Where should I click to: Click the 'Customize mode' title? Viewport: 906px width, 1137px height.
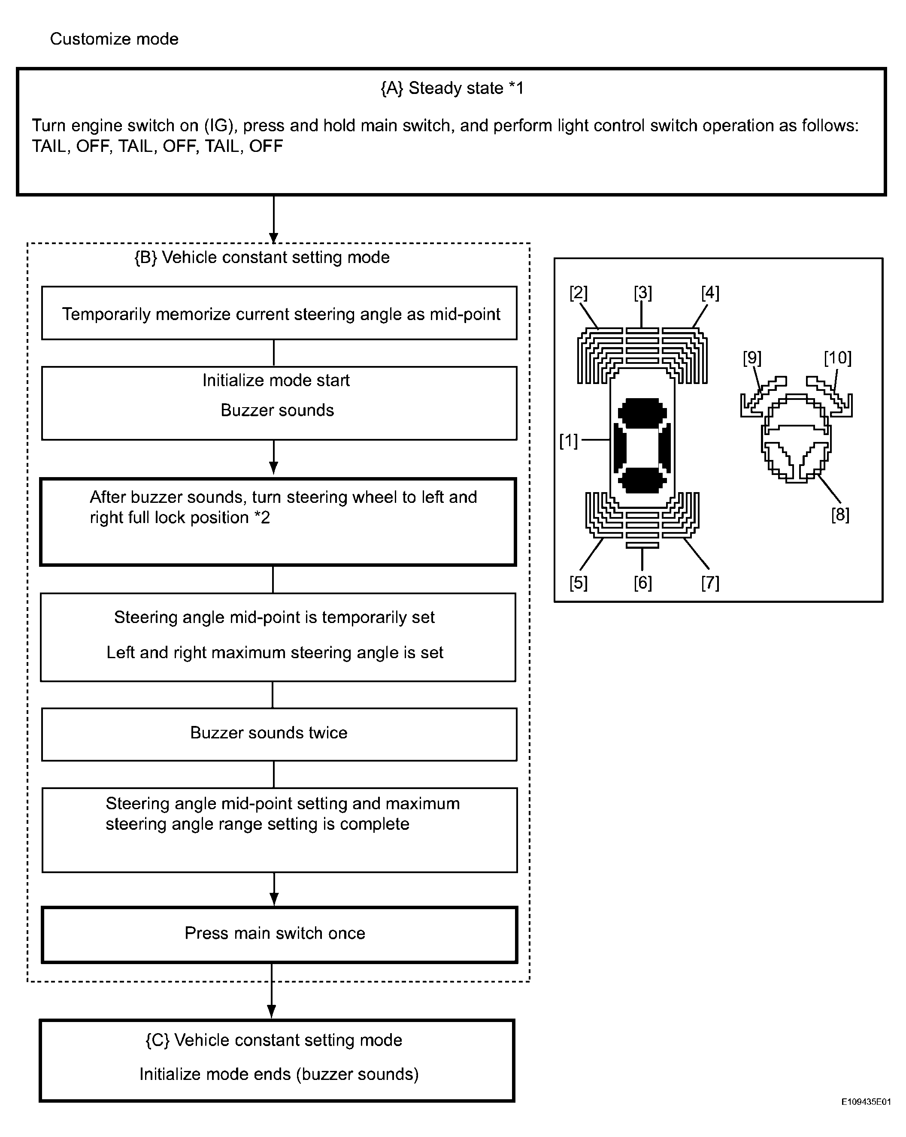(x=114, y=39)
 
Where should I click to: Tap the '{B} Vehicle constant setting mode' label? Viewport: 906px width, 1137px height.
(x=262, y=257)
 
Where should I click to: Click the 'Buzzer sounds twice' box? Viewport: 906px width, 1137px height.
(x=279, y=734)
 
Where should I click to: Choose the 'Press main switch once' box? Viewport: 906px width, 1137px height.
(x=279, y=934)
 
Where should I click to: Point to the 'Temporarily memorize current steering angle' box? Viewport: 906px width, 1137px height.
(x=279, y=313)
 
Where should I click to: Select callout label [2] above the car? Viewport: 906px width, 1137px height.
(x=578, y=293)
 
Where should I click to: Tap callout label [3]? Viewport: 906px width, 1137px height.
(x=642, y=293)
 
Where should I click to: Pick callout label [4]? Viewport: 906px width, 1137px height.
(x=710, y=293)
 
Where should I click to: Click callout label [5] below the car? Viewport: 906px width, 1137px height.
(x=578, y=583)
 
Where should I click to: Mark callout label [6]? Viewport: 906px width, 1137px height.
(x=642, y=583)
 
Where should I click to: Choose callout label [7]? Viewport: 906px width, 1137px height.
(x=710, y=583)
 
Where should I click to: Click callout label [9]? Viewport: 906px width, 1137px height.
(x=752, y=358)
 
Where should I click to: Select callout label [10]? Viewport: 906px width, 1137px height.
(x=837, y=358)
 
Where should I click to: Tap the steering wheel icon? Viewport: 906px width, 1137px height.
(x=796, y=438)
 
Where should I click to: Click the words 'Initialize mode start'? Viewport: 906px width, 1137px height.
(x=276, y=380)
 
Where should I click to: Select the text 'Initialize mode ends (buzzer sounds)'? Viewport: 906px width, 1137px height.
(x=279, y=1074)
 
